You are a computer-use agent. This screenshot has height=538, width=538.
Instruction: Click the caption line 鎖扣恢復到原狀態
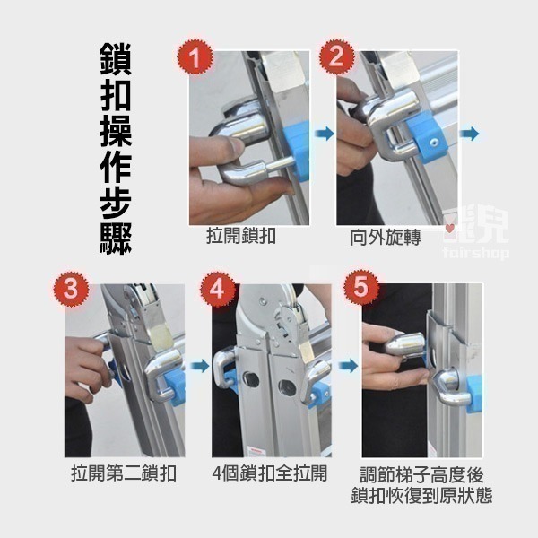tap(422, 496)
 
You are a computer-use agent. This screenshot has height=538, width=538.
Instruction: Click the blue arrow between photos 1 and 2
tap(324, 134)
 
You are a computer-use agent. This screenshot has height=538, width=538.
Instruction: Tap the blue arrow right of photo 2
tap(469, 134)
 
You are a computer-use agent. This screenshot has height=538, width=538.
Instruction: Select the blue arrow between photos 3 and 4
tap(198, 366)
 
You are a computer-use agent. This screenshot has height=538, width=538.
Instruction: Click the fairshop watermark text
tap(476, 254)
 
